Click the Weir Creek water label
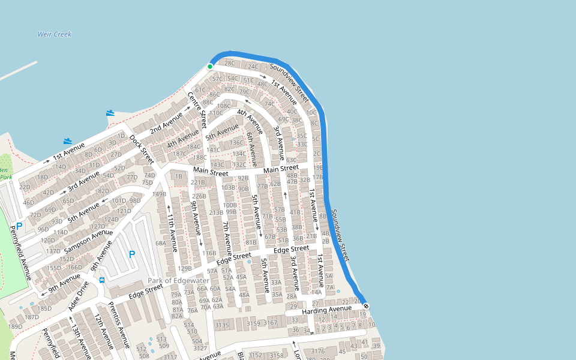(55, 34)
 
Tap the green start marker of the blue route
(210, 66)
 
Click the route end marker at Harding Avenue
(366, 307)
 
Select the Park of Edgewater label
(179, 281)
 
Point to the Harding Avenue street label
(326, 310)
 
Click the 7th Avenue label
(227, 238)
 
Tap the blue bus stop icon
(102, 279)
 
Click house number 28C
(230, 63)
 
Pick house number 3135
(222, 325)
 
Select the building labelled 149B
(159, 194)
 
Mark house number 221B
(198, 182)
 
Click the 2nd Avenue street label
(166, 122)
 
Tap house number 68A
(161, 243)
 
